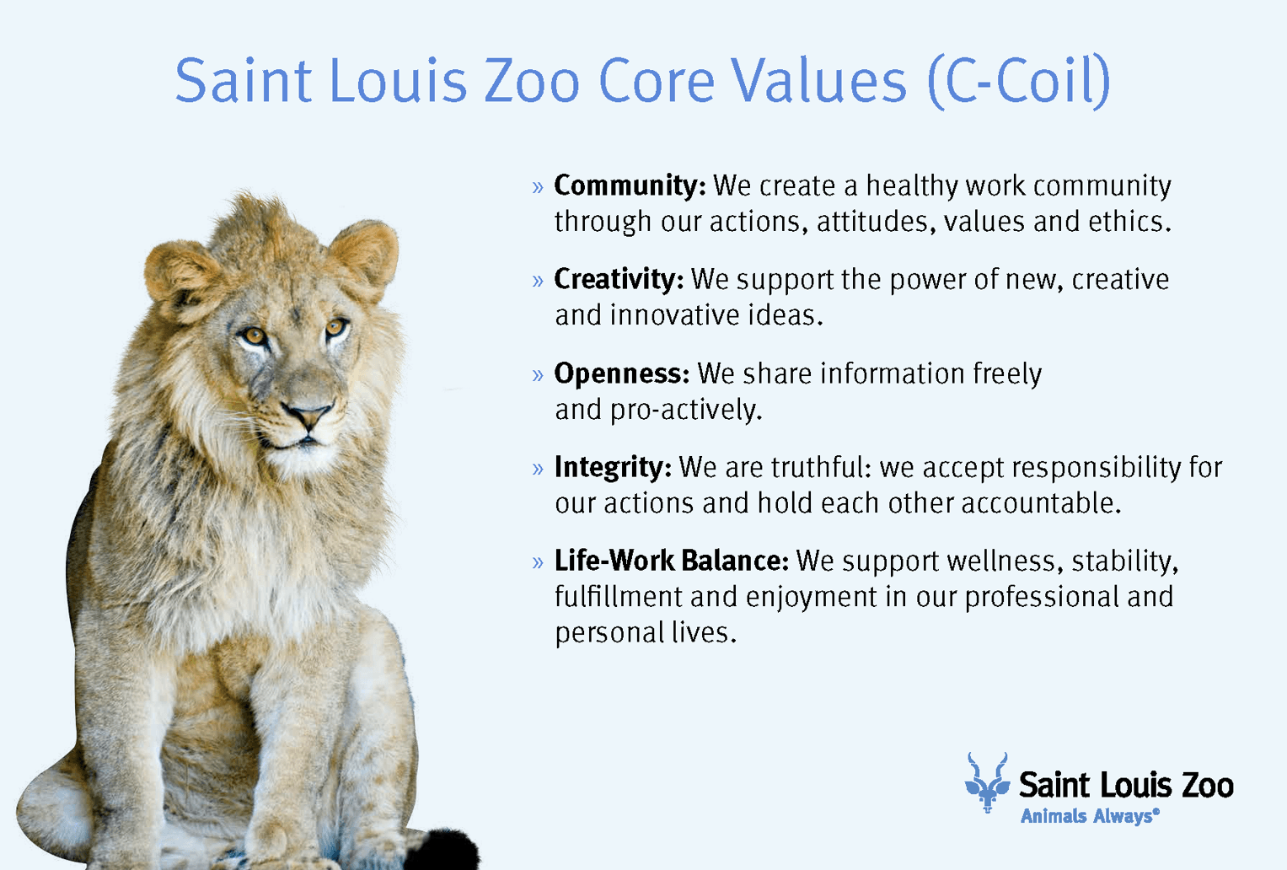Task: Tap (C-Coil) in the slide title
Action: click(1019, 82)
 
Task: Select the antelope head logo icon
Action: click(987, 782)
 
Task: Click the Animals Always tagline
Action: click(1090, 816)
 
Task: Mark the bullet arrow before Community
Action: click(538, 187)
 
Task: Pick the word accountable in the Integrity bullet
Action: click(1041, 503)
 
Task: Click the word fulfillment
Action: click(619, 597)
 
